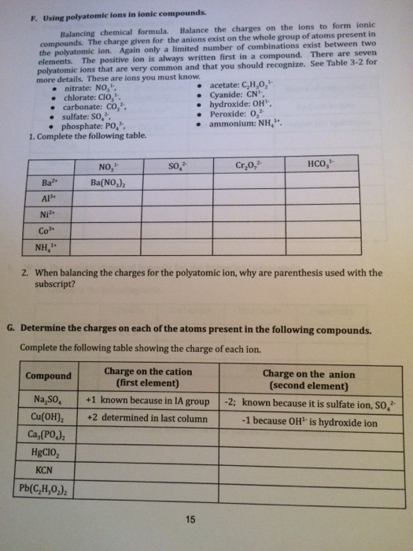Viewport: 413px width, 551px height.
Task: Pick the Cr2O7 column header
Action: pyautogui.click(x=247, y=165)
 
